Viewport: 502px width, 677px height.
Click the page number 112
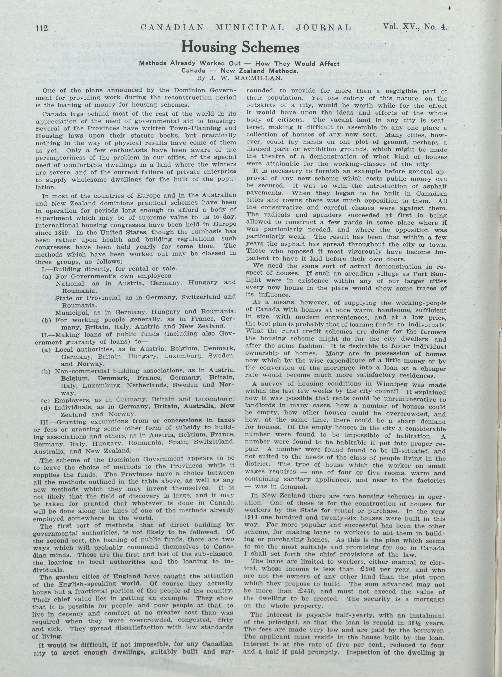[42, 29]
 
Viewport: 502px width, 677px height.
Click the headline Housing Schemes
[240, 48]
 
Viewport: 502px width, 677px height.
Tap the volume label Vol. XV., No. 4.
[415, 27]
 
